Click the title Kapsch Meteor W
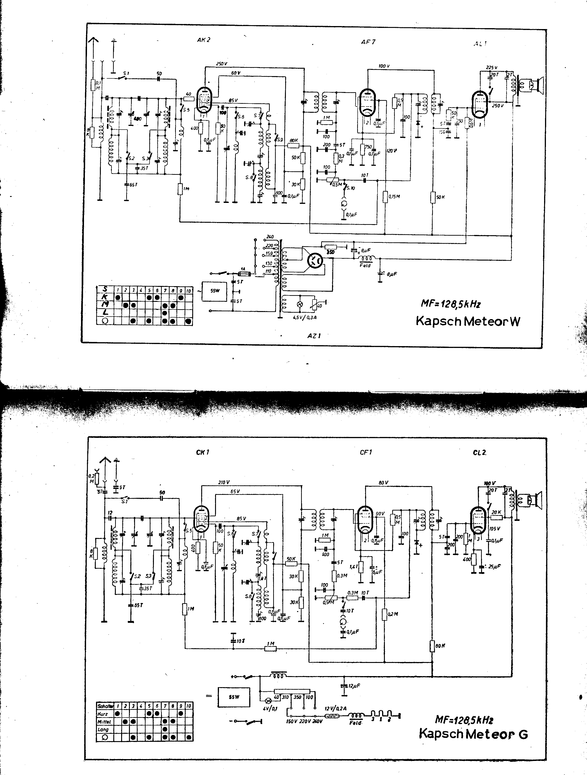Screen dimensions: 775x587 pyautogui.click(x=468, y=321)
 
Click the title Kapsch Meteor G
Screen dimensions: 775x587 pyautogui.click(x=473, y=732)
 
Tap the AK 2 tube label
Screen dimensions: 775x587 pyautogui.click(x=204, y=40)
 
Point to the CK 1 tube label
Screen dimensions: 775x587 pyautogui.click(x=203, y=452)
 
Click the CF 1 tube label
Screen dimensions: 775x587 pyautogui.click(x=366, y=452)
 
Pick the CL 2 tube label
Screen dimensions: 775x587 pyautogui.click(x=479, y=453)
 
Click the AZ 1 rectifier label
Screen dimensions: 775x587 pyautogui.click(x=314, y=336)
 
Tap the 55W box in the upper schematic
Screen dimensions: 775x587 pyautogui.click(x=214, y=291)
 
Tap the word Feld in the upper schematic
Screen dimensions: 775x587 pyautogui.click(x=365, y=265)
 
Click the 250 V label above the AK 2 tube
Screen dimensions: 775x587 pyautogui.click(x=222, y=64)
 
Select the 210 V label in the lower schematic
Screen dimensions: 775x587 pyautogui.click(x=224, y=482)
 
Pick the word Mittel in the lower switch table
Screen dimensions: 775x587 pyautogui.click(x=104, y=722)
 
